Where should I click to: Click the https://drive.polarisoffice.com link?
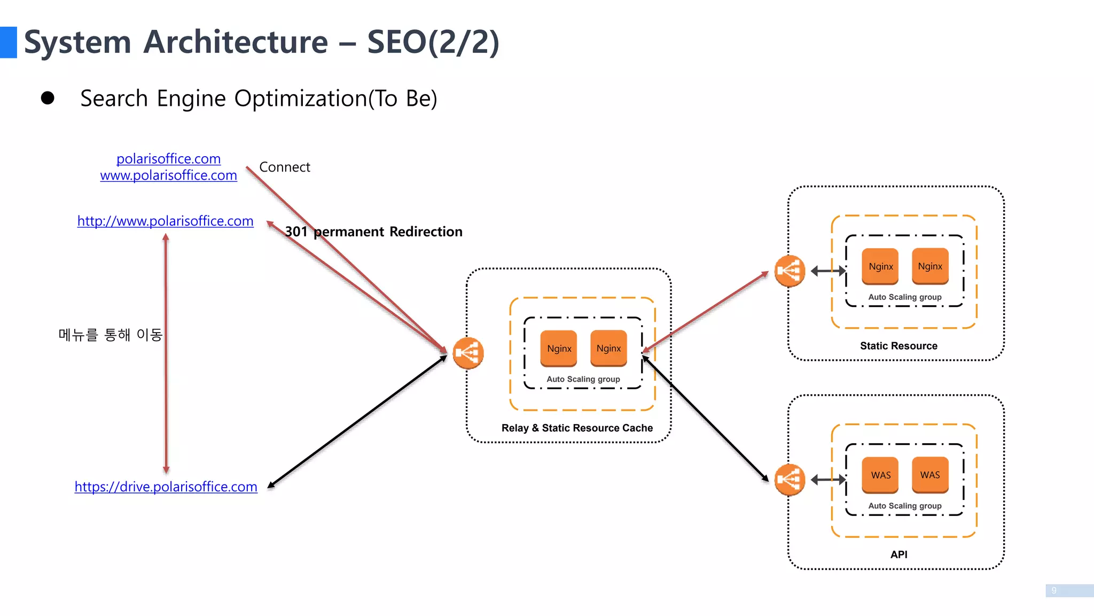(x=166, y=487)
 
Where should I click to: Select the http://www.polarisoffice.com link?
(x=165, y=221)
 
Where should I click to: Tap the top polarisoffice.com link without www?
(x=168, y=159)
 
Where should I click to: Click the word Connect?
(x=284, y=167)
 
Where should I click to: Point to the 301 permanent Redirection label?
(x=373, y=232)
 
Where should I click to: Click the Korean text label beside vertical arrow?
(x=110, y=335)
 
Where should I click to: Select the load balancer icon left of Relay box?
(x=468, y=353)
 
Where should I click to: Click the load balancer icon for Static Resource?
(x=790, y=271)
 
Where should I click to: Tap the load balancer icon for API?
(x=790, y=480)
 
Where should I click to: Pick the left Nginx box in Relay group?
(x=559, y=349)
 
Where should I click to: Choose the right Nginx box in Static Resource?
(x=930, y=266)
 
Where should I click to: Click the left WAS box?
(x=880, y=475)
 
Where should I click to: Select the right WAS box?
(x=930, y=475)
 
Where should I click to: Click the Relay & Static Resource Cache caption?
(x=577, y=428)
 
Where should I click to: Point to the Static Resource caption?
(x=898, y=346)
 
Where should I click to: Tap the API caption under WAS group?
(x=898, y=555)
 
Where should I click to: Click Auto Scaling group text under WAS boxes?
(x=904, y=506)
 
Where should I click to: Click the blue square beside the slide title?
(x=8, y=42)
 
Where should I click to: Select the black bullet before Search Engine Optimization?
(x=48, y=98)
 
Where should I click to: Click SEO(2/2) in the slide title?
(x=433, y=42)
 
